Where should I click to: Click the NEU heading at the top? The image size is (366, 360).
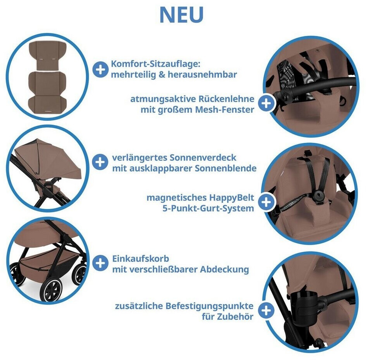pyautogui.click(x=181, y=14)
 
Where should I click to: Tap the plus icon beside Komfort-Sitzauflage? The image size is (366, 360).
pyautogui.click(x=100, y=69)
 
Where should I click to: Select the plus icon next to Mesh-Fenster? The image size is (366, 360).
pyautogui.click(x=266, y=103)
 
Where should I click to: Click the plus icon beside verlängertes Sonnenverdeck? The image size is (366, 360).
pyautogui.click(x=100, y=162)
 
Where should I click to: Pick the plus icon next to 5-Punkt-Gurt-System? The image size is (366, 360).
pyautogui.click(x=266, y=202)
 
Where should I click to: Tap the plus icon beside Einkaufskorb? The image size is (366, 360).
pyautogui.click(x=100, y=263)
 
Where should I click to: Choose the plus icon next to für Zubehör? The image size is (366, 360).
pyautogui.click(x=266, y=310)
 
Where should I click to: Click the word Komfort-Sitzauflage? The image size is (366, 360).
pyautogui.click(x=156, y=64)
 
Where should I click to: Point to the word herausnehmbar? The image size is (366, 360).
pyautogui.click(x=203, y=75)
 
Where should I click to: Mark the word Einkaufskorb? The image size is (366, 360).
pyautogui.click(x=141, y=259)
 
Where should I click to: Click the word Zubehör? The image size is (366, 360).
pyautogui.click(x=235, y=317)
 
